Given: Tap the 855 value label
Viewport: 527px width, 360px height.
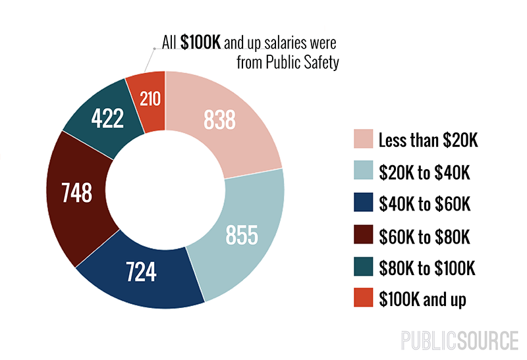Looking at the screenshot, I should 241,234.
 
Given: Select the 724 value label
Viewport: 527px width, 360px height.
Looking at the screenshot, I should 140,271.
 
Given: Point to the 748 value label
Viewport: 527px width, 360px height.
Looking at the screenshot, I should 76,193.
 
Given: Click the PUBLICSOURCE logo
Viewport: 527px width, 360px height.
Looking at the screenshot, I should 460,341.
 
